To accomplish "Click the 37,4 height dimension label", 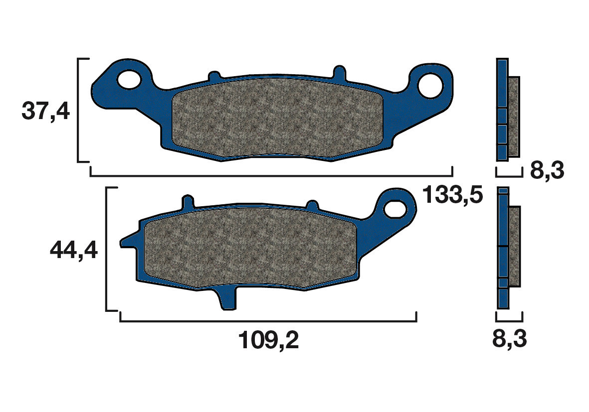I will pyautogui.click(x=45, y=111).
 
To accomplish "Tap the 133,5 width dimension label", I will pyautogui.click(x=452, y=195).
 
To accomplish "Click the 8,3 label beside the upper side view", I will pyautogui.click(x=547, y=171).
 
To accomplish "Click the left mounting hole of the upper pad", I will pyautogui.click(x=129, y=79).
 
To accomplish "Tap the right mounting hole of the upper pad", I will pyautogui.click(x=430, y=85).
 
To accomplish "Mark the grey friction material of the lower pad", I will pyautogui.click(x=249, y=248).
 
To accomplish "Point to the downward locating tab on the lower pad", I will pyautogui.click(x=227, y=299).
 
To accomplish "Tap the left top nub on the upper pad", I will pyautogui.click(x=214, y=76).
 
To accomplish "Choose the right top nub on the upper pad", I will pyautogui.click(x=339, y=72).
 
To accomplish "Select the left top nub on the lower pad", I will pyautogui.click(x=188, y=202).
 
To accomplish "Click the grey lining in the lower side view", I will pyautogui.click(x=514, y=247).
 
